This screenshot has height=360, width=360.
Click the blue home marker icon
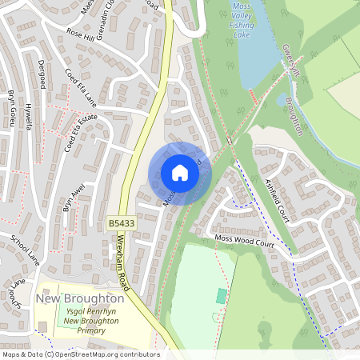180,173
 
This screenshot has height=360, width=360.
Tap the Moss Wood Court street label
245,239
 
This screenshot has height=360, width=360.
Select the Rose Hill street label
81,35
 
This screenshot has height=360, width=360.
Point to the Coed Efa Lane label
80,86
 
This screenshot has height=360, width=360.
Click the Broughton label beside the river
294,117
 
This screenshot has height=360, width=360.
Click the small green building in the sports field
221,296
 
